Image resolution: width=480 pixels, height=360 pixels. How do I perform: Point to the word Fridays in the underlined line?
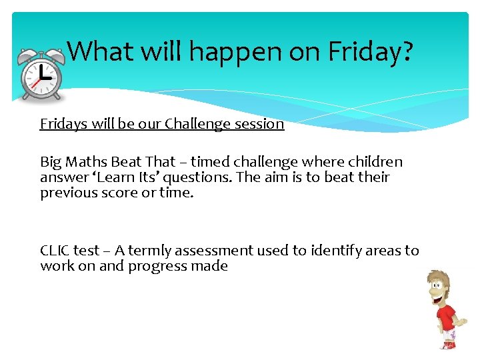65,124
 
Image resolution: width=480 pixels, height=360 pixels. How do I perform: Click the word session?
258,124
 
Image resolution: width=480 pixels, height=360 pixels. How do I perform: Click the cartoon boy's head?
442,287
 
